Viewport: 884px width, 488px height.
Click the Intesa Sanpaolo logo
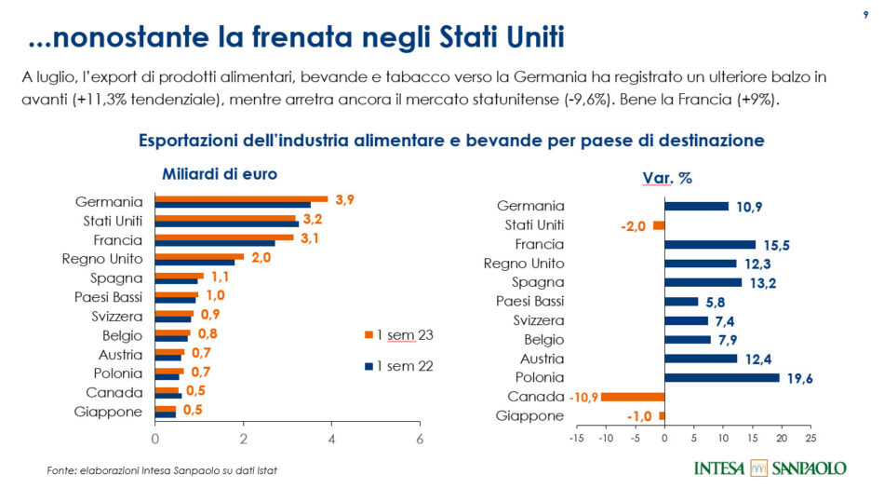coord(770,468)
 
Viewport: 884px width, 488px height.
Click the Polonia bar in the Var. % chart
coord(722,377)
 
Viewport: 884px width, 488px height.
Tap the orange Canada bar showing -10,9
coord(633,397)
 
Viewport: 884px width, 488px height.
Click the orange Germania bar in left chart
coord(241,198)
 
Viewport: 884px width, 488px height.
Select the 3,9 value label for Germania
coord(344,200)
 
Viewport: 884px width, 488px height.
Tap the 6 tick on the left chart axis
coord(420,439)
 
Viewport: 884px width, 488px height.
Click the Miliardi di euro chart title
coord(220,174)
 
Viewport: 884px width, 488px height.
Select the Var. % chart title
coord(667,178)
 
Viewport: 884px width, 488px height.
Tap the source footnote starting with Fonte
coord(162,470)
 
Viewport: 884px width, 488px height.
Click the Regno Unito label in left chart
coord(102,259)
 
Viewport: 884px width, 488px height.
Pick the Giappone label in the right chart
coord(530,416)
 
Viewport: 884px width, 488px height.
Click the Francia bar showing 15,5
coord(710,244)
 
